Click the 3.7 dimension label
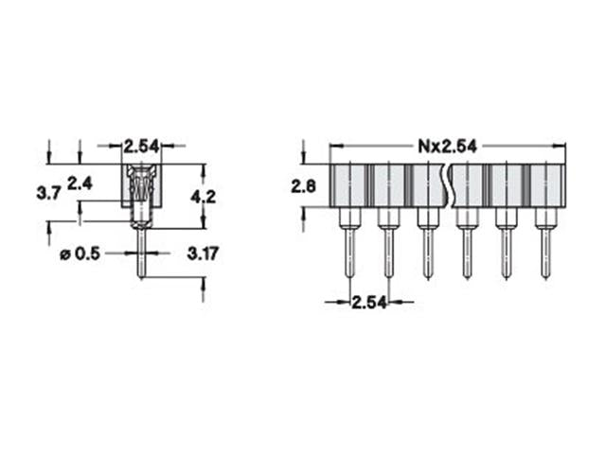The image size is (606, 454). click(x=48, y=193)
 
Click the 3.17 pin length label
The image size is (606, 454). click(x=204, y=253)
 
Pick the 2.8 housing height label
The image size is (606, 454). click(x=304, y=187)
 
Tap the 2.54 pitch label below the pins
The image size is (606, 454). click(x=368, y=303)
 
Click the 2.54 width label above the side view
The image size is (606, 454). click(x=142, y=146)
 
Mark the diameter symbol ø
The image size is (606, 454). click(x=64, y=253)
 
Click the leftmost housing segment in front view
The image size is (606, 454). click(x=348, y=186)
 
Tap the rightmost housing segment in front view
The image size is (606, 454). click(x=545, y=186)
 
